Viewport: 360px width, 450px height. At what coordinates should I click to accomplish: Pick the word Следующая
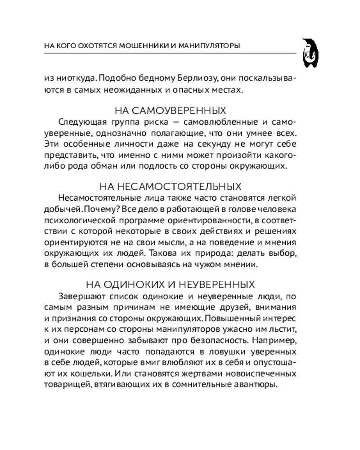pos(79,122)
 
